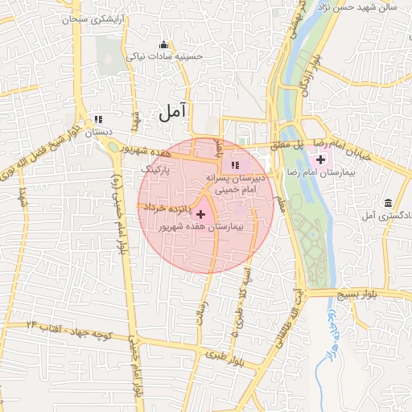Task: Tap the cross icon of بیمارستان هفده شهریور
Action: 200,214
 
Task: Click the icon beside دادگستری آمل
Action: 389,201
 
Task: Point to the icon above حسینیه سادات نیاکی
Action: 165,44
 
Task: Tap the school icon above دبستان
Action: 98,118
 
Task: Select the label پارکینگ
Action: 156,170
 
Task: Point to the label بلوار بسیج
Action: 368,295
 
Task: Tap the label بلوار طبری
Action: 223,354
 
